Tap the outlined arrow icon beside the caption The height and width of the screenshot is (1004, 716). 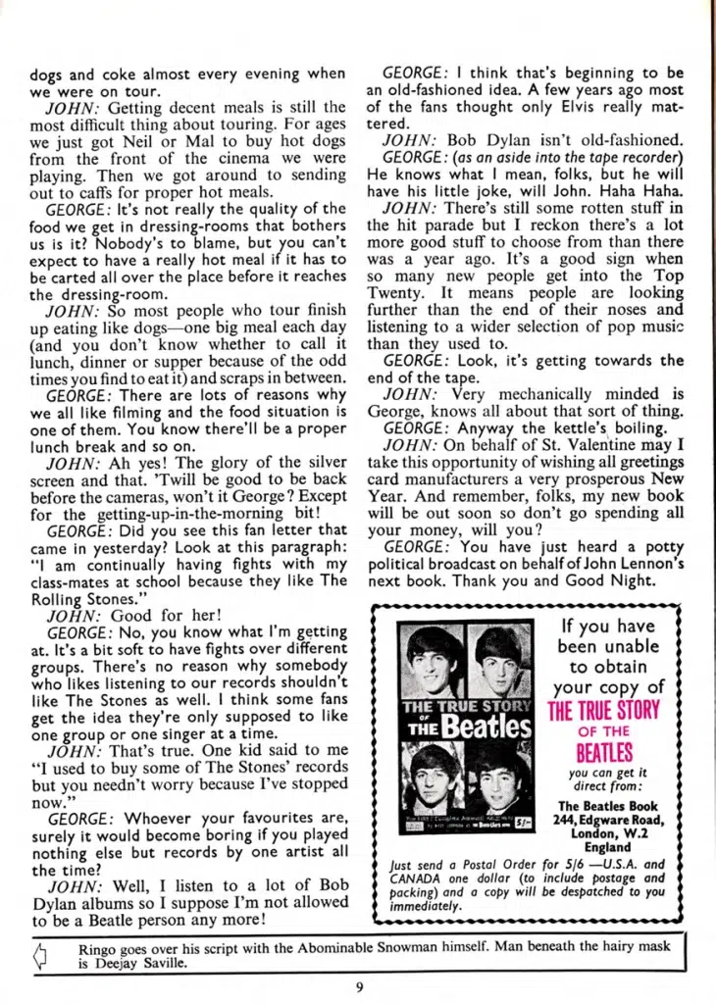tap(40, 956)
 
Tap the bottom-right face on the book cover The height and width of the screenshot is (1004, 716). tap(500, 775)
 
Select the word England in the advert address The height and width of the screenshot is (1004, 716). tap(606, 847)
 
